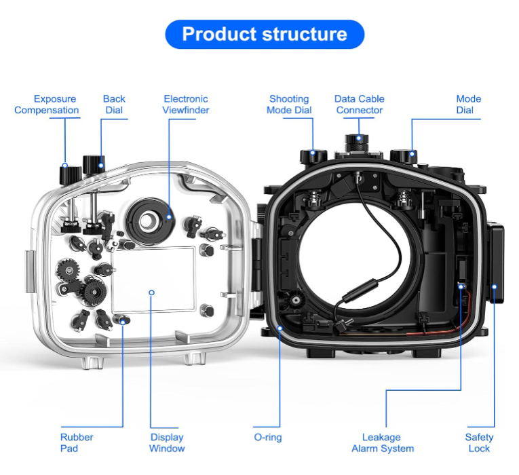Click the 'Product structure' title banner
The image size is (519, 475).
(265, 34)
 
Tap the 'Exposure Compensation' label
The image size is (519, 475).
(46, 104)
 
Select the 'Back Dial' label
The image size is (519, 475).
(114, 104)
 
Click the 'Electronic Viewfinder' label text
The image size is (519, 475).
(185, 104)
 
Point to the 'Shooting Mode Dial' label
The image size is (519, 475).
(289, 104)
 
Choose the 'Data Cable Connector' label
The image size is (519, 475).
(360, 104)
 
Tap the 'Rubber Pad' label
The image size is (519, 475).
(76, 442)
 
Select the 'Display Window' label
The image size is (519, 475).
(167, 442)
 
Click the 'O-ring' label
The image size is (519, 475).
(268, 438)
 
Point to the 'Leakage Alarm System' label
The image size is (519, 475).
(382, 442)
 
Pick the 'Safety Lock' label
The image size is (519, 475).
(479, 442)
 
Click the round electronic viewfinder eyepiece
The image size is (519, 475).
(148, 218)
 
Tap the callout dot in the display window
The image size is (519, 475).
(151, 292)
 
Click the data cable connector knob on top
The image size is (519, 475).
(358, 142)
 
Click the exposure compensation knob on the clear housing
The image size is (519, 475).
(67, 174)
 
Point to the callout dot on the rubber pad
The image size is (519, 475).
(123, 320)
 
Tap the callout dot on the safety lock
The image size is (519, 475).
(495, 286)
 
